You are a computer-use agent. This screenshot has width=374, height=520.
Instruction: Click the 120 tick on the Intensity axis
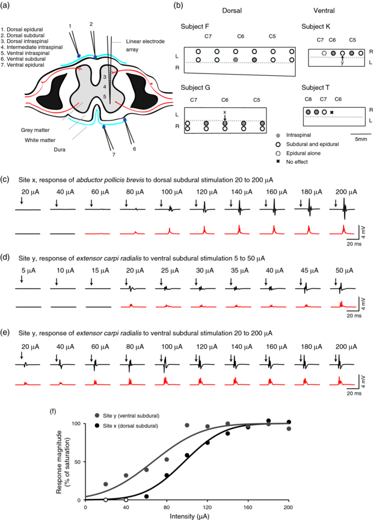tap(207, 507)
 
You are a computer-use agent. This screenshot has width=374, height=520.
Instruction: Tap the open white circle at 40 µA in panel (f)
tap(126, 500)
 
